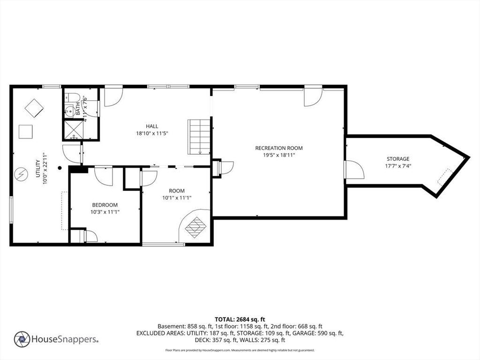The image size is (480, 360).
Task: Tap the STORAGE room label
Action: [x=397, y=159]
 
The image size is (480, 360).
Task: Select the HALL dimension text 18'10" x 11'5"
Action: [x=152, y=133]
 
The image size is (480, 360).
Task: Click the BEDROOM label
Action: [x=105, y=205]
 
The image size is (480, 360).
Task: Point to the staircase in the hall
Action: [x=199, y=136]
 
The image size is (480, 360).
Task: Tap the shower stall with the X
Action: [x=73, y=129]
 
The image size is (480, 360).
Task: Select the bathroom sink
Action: [x=69, y=111]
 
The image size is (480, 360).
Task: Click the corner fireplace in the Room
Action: [x=195, y=226]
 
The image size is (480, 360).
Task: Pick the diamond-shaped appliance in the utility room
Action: [x=34, y=108]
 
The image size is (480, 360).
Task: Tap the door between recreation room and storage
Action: [x=353, y=170]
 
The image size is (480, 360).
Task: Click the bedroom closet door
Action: [x=89, y=236]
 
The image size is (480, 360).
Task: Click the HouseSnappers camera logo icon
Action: [x=22, y=339]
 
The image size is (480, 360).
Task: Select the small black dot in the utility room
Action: [x=60, y=167]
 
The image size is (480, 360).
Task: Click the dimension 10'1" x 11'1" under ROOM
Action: [x=177, y=197]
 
